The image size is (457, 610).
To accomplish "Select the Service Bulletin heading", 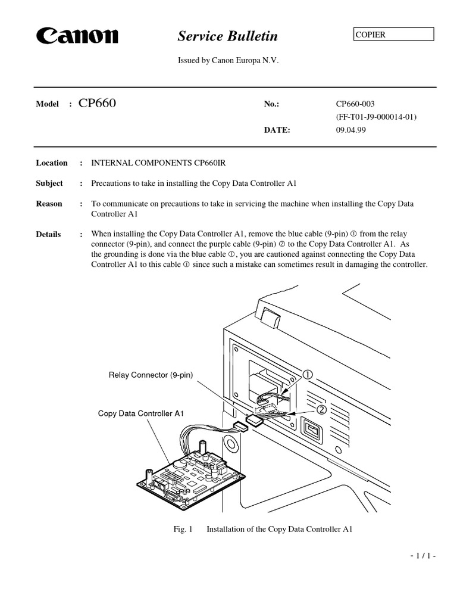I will [x=227, y=36].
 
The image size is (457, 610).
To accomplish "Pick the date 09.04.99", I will [x=351, y=130].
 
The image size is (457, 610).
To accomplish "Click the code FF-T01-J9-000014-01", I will [x=376, y=117].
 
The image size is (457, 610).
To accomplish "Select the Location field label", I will [x=52, y=163].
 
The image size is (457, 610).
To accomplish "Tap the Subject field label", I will [x=49, y=183].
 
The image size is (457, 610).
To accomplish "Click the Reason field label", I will [x=49, y=204].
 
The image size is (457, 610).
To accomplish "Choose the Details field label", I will [x=48, y=234].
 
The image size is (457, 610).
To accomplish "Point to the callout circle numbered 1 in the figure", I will [x=308, y=375].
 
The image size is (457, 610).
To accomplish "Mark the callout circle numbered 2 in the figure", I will [x=321, y=410].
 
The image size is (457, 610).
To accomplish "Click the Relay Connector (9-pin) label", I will [x=151, y=375].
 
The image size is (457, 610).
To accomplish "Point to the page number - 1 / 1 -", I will [x=423, y=556].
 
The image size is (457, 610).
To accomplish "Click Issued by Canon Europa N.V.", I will [x=228, y=61].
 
